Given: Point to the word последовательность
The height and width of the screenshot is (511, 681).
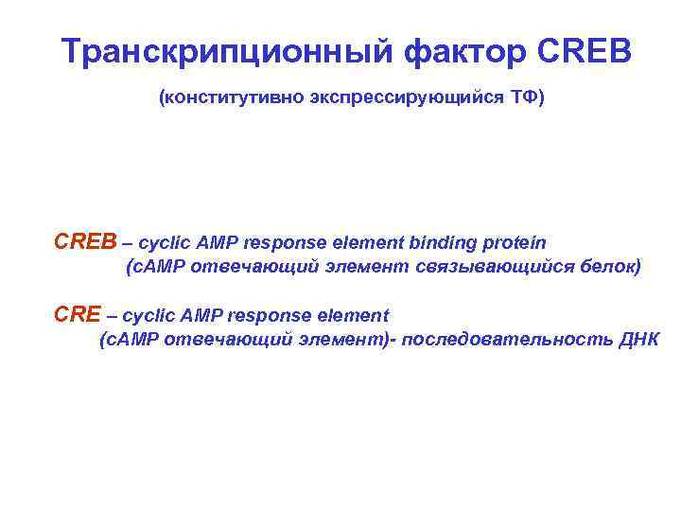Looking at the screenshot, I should coord(506,340).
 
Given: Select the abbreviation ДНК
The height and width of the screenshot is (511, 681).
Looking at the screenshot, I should coord(638,340).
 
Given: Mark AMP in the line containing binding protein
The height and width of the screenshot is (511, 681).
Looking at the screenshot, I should coord(218,242).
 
